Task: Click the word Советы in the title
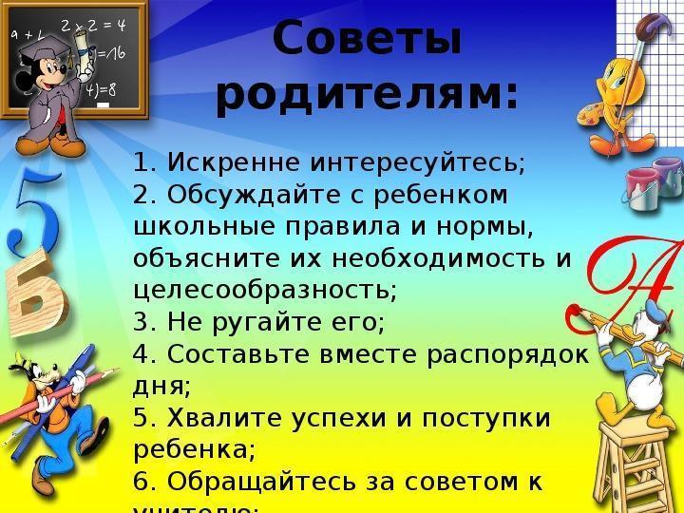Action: [367, 40]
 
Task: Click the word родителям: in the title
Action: [367, 96]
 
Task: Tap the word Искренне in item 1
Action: [220, 162]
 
